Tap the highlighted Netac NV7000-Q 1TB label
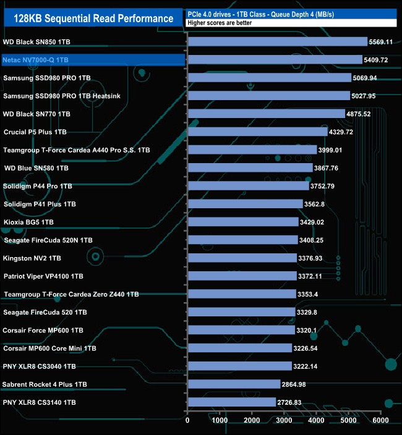tap(36, 60)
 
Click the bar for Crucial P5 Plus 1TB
tap(257, 132)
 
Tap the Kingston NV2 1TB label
tap(32, 258)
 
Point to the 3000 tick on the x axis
tap(284, 421)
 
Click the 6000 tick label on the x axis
tap(380, 421)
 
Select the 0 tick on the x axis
tap(187, 421)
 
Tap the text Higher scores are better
tap(217, 23)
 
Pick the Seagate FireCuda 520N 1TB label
tap(48, 240)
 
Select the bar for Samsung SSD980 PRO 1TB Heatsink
tap(268, 96)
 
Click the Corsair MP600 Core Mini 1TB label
tap(49, 348)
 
